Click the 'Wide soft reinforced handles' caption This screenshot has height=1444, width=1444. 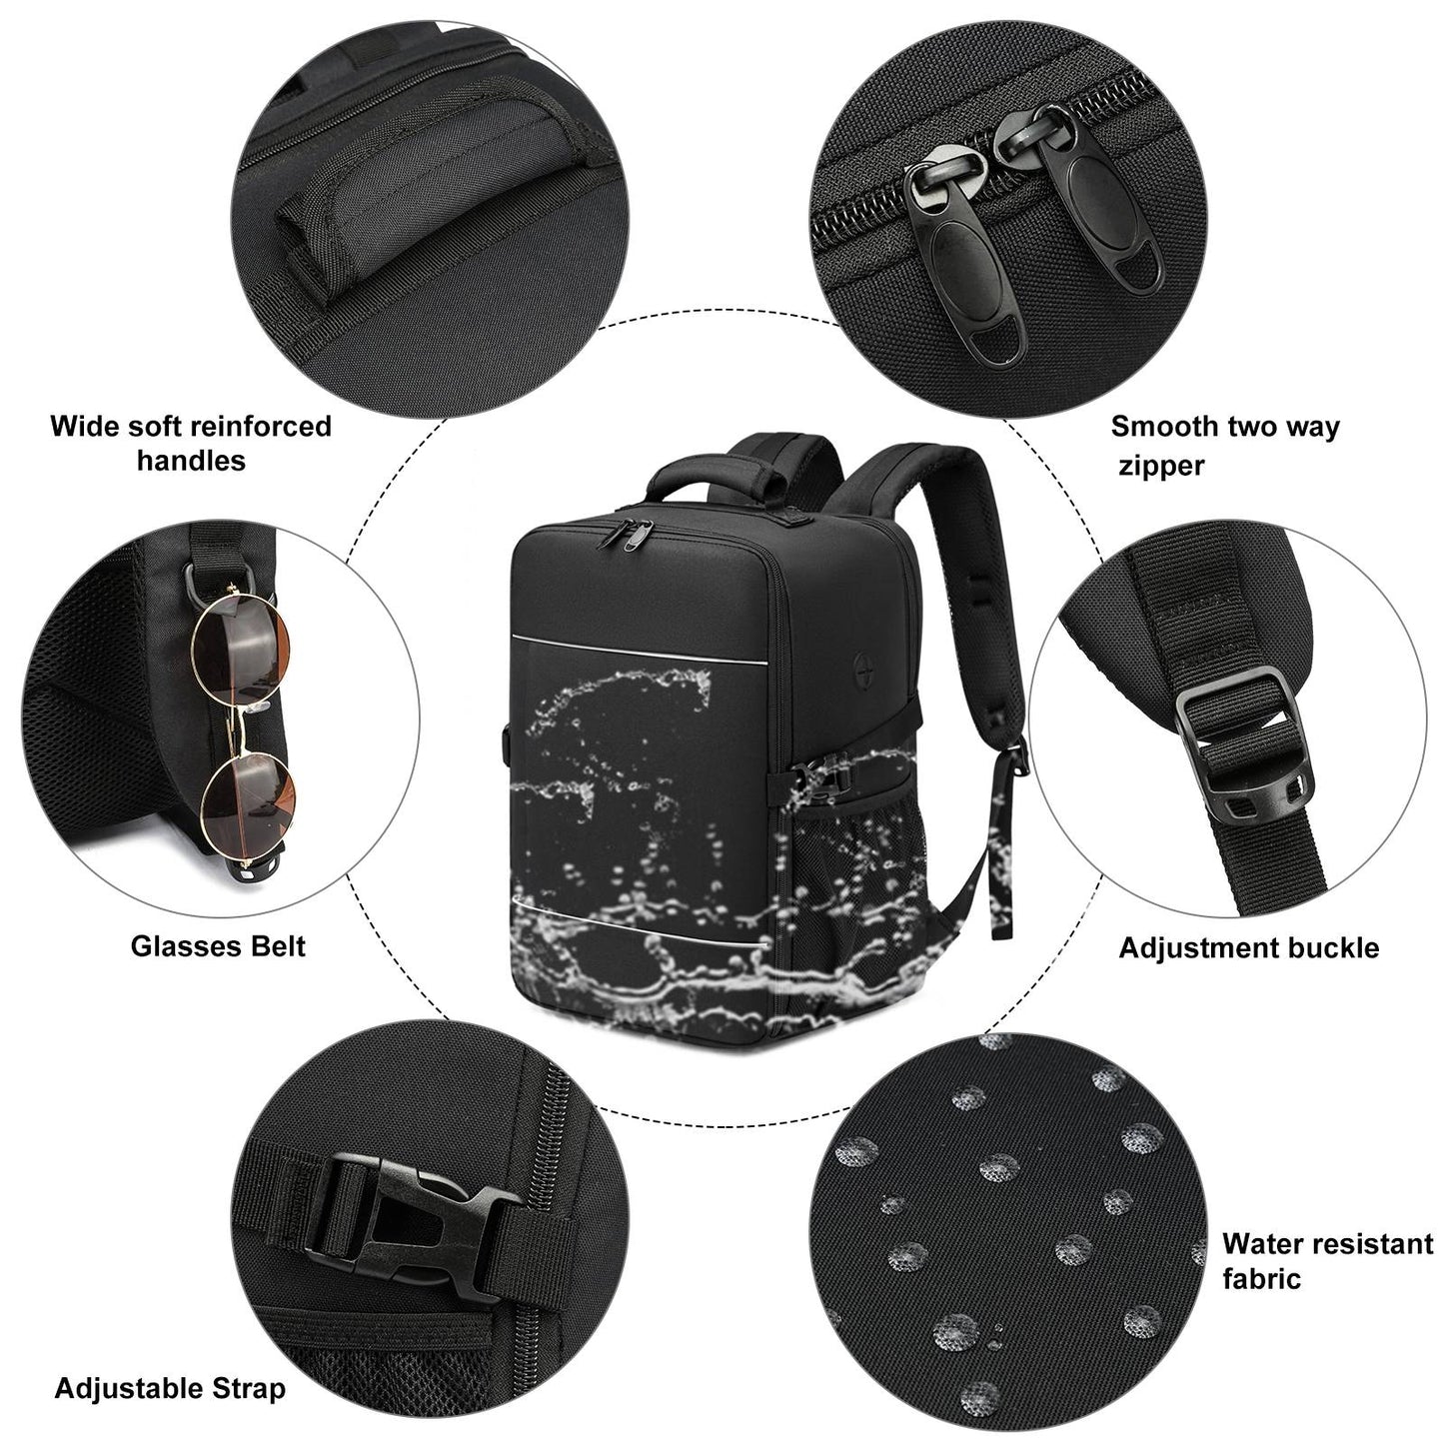point(191,443)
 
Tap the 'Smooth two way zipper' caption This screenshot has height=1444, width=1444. point(1224,446)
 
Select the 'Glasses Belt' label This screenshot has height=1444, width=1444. point(218,945)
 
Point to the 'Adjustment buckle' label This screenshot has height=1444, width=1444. point(1248,947)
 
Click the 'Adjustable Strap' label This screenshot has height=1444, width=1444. point(170,1387)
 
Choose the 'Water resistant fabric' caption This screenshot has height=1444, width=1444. point(1327,1261)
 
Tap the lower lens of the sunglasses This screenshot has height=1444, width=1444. point(249,796)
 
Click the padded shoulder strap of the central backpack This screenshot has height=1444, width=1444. point(968,580)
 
